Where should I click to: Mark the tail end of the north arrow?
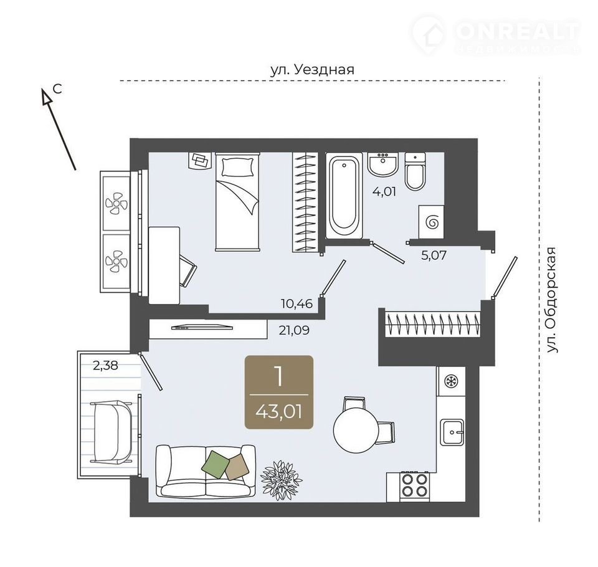[75, 169]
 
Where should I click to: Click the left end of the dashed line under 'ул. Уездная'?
[120, 81]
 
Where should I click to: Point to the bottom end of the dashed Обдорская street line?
[539, 522]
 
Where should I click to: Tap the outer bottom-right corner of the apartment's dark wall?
[479, 517]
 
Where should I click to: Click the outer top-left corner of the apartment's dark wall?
[130, 138]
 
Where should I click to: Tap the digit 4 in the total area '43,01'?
[262, 412]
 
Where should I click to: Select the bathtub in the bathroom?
[344, 196]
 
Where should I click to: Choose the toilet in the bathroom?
[415, 171]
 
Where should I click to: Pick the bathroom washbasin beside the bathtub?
[383, 164]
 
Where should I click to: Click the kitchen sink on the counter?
[452, 432]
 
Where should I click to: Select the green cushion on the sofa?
[216, 464]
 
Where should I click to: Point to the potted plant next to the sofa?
[281, 479]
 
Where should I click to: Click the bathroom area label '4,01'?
[384, 191]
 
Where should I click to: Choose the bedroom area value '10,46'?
[297, 303]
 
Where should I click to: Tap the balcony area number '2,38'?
[106, 366]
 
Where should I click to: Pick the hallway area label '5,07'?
[434, 255]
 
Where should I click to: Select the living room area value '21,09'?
[294, 330]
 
